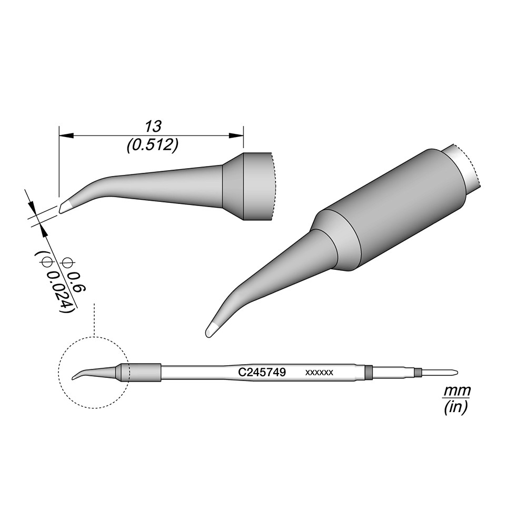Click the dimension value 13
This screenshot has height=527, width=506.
pos(153,126)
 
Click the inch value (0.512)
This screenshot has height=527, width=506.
pos(152,145)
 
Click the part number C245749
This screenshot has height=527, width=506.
pos(262,372)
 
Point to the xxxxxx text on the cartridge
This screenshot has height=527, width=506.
pos(319,373)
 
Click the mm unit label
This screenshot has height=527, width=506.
pos(457,391)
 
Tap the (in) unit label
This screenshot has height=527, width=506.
pos(455,407)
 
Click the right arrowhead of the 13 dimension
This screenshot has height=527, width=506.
pos(236,135)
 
